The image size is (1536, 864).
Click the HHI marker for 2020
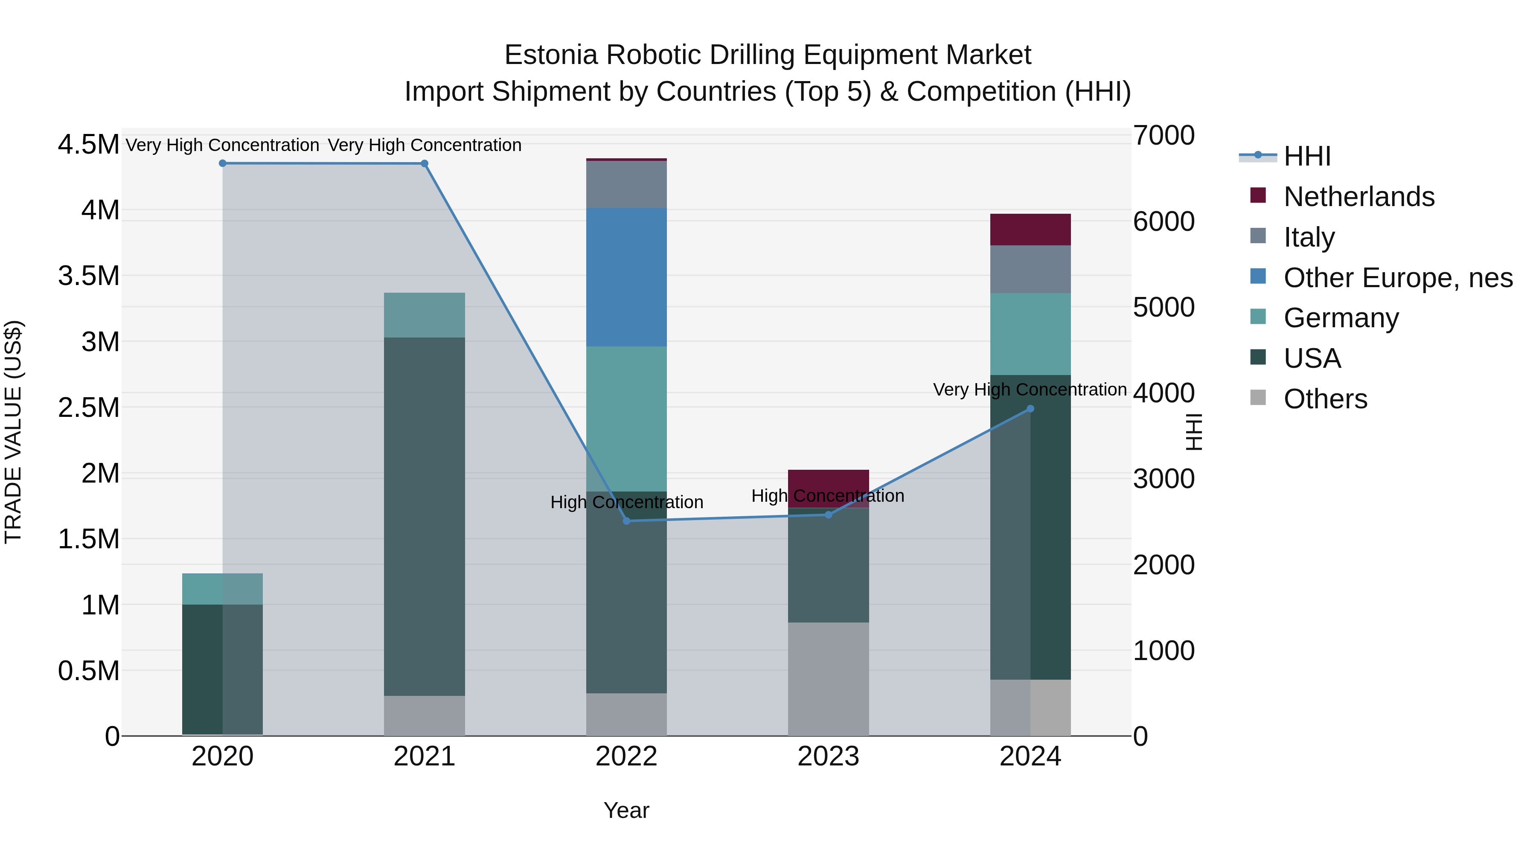(x=222, y=163)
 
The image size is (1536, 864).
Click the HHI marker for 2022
(x=626, y=521)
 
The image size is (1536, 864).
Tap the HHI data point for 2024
(x=1030, y=409)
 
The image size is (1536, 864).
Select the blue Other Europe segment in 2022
(x=626, y=277)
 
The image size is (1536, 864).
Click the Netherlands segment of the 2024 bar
(x=1030, y=230)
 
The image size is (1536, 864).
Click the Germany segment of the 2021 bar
(x=424, y=315)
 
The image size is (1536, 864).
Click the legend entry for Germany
(x=1341, y=318)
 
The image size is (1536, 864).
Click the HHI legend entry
(x=1306, y=156)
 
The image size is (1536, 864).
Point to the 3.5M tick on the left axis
(x=88, y=276)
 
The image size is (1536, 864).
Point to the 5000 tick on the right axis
(x=1164, y=308)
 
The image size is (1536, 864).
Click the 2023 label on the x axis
(x=828, y=756)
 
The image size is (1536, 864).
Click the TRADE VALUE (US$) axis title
(x=13, y=432)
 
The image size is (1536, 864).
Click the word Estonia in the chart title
(x=550, y=55)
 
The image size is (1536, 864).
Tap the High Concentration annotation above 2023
(x=828, y=496)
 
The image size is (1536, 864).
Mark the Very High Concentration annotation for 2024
(x=1030, y=390)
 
